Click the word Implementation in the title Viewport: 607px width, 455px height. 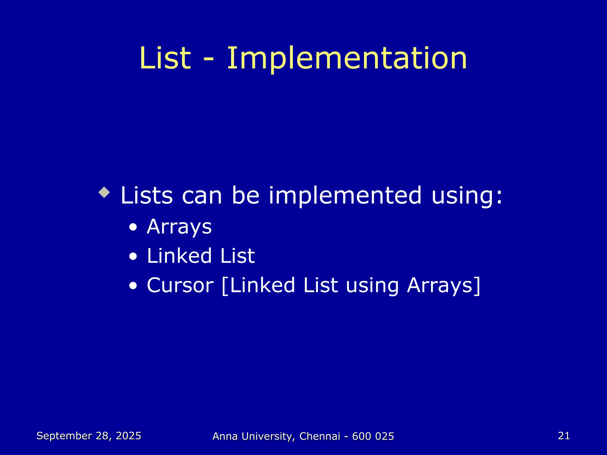coord(347,59)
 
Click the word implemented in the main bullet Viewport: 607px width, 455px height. coord(345,196)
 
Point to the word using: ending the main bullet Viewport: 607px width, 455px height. coord(467,196)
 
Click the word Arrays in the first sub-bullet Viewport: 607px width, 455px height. coord(179,227)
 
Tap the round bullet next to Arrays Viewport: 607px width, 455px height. coord(133,227)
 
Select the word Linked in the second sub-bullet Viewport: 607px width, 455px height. coord(179,256)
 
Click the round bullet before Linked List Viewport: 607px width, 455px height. coord(133,257)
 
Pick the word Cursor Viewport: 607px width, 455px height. coord(180,285)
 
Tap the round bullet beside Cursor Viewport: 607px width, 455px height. coord(133,286)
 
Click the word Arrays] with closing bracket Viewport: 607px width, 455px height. coord(443,285)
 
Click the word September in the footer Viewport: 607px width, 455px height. coord(64,436)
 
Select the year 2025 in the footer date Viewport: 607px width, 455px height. coord(128,436)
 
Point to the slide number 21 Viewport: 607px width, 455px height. coord(564,436)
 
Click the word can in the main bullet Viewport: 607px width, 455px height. coord(202,196)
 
